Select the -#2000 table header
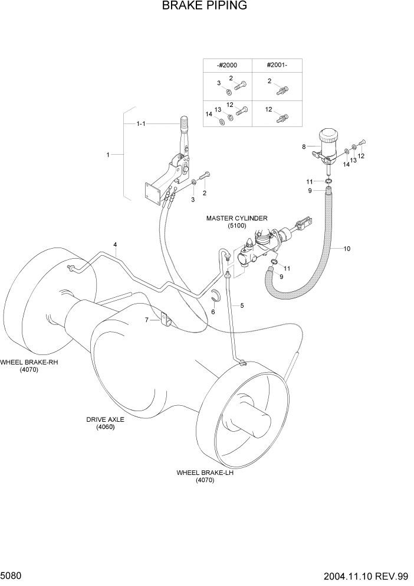click(x=227, y=66)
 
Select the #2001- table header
click(x=276, y=66)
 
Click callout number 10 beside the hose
click(x=347, y=249)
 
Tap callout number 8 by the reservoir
click(x=304, y=146)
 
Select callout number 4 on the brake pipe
click(x=115, y=245)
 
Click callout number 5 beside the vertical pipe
click(x=242, y=305)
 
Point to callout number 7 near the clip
click(x=147, y=320)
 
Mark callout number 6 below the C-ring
click(x=213, y=311)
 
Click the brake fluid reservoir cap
click(x=327, y=136)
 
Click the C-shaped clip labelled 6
click(x=216, y=298)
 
